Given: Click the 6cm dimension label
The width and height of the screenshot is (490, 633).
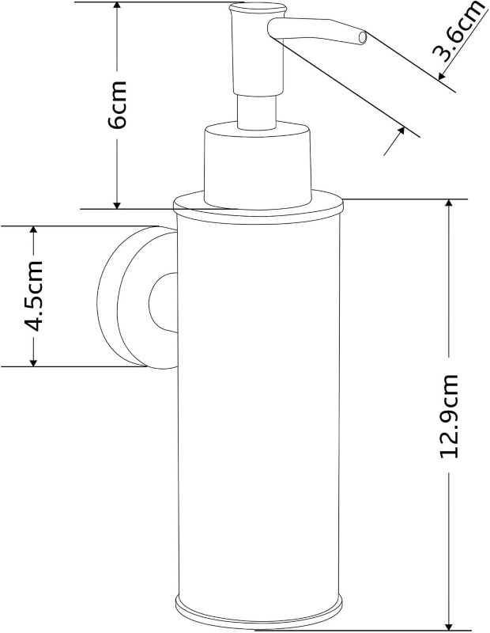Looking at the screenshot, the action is pyautogui.click(x=117, y=104).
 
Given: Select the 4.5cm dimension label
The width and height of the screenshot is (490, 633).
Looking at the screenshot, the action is pyautogui.click(x=33, y=296).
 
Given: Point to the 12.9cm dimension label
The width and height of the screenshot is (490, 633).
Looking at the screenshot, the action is pyautogui.click(x=449, y=416).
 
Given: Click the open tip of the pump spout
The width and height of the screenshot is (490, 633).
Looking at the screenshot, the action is pyautogui.click(x=363, y=37).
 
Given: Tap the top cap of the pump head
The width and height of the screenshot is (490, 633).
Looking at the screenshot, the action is pyautogui.click(x=257, y=7).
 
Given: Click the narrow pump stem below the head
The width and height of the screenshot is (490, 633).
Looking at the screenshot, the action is pyautogui.click(x=257, y=112).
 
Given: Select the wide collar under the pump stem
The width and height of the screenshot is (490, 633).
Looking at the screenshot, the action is pyautogui.click(x=258, y=165).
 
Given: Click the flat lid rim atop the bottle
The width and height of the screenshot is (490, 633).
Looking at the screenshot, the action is pyautogui.click(x=258, y=207).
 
